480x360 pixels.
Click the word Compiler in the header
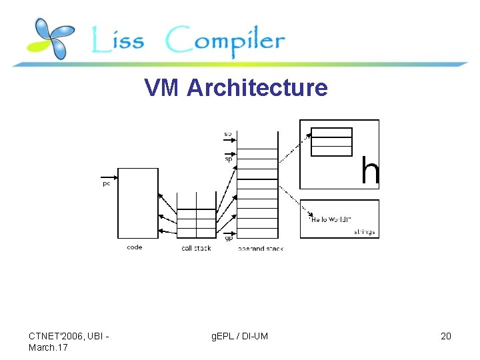(x=225, y=41)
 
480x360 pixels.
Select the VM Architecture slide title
(x=236, y=87)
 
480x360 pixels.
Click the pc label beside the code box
(x=106, y=184)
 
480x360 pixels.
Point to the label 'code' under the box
(x=134, y=247)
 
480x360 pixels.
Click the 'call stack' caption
(x=196, y=248)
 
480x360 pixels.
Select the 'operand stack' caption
(x=260, y=249)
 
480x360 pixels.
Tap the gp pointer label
(x=229, y=237)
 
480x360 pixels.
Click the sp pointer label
(x=228, y=159)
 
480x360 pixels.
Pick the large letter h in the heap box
(x=370, y=171)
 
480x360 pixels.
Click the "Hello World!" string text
(x=331, y=219)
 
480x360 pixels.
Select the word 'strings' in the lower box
(x=364, y=232)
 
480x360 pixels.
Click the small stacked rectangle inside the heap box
(x=331, y=141)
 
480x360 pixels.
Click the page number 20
(x=445, y=336)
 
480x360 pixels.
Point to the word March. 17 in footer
(x=47, y=347)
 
